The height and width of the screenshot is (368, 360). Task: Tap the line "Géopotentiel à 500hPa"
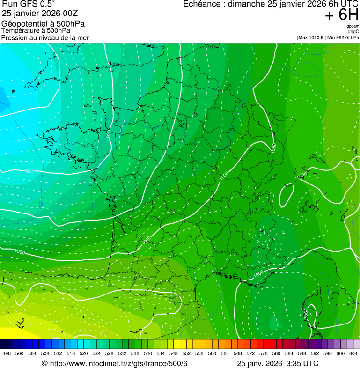tap(43, 23)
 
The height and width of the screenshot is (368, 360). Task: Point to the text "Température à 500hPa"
tap(36, 30)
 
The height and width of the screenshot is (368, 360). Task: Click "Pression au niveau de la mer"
tap(45, 37)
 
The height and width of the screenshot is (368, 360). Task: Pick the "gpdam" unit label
tap(353, 26)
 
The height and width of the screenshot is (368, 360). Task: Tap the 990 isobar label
tap(29, 171)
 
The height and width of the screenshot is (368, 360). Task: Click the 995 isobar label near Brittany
tap(109, 133)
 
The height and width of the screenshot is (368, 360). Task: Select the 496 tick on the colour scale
tap(7, 353)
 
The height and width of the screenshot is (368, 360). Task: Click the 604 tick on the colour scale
tap(353, 353)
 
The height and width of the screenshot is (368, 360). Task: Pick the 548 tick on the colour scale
tap(173, 353)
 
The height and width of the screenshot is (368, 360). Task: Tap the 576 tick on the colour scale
tap(263, 353)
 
